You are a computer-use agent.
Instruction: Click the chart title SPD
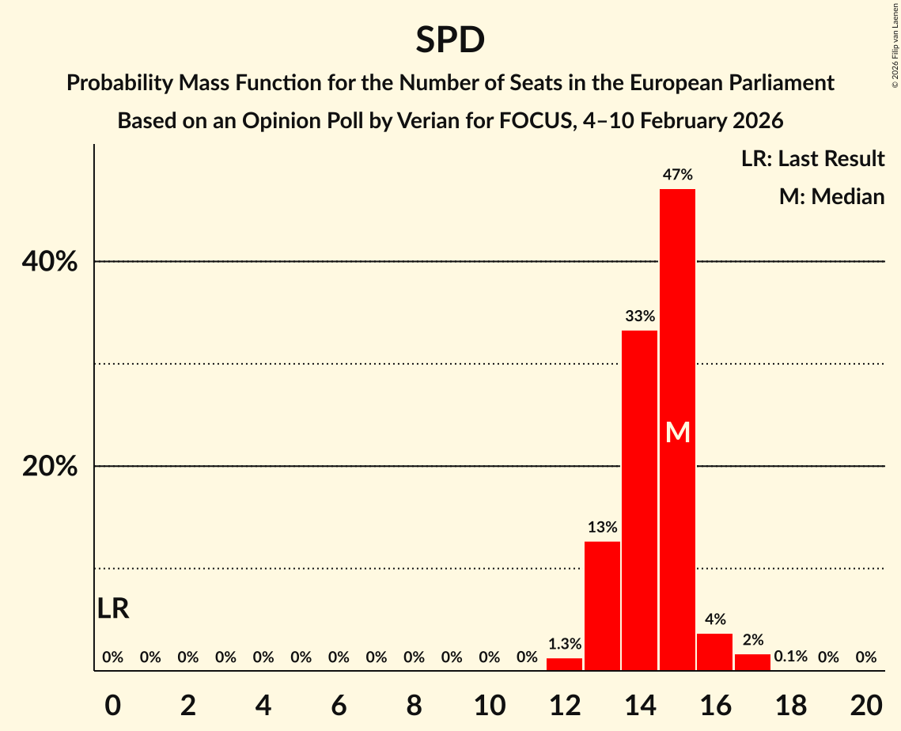[450, 40]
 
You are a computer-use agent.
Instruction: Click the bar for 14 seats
[640, 498]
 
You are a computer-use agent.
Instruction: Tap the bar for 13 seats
[602, 605]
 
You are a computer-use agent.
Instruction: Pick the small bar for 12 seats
[564, 665]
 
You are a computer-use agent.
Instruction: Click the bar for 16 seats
[715, 652]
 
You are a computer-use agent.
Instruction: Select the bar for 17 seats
[752, 662]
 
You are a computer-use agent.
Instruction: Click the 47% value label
[678, 175]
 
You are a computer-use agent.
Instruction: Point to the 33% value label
[640, 316]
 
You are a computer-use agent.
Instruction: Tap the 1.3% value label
[564, 644]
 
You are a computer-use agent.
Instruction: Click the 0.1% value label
[790, 657]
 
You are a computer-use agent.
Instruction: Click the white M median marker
[678, 432]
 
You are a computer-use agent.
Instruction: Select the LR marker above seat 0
[113, 608]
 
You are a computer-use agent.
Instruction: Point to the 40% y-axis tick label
[50, 262]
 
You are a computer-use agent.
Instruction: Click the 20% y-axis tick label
[50, 467]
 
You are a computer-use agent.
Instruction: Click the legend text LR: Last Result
[812, 159]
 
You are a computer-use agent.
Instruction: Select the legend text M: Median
[831, 196]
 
